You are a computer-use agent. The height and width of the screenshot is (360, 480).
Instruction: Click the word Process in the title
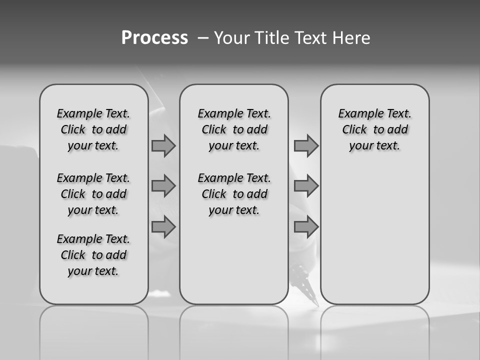point(154,38)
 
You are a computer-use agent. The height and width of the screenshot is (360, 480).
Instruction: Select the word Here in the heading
point(350,38)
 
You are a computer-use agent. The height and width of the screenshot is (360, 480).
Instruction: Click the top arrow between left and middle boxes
point(163,145)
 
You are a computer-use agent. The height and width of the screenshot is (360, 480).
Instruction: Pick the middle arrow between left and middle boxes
point(163,186)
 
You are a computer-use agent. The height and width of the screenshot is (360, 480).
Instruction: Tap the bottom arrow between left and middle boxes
point(163,227)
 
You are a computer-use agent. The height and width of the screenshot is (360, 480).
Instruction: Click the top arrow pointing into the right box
point(306,145)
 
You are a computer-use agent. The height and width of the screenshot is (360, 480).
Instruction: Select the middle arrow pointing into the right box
point(306,186)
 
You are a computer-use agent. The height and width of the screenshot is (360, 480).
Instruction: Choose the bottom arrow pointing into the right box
point(306,227)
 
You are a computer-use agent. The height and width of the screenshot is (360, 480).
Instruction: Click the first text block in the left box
point(93,129)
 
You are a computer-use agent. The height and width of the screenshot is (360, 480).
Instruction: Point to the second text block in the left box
point(93,194)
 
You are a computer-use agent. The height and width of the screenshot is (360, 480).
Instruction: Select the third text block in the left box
point(93,255)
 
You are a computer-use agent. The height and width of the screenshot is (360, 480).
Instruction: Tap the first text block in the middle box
point(234,129)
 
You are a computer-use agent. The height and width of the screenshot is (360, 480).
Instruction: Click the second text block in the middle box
point(234,194)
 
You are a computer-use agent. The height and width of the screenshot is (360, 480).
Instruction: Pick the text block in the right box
point(374,129)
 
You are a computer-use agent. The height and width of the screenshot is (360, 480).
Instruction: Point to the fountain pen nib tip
point(316,304)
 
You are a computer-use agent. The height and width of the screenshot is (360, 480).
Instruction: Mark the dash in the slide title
point(202,38)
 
